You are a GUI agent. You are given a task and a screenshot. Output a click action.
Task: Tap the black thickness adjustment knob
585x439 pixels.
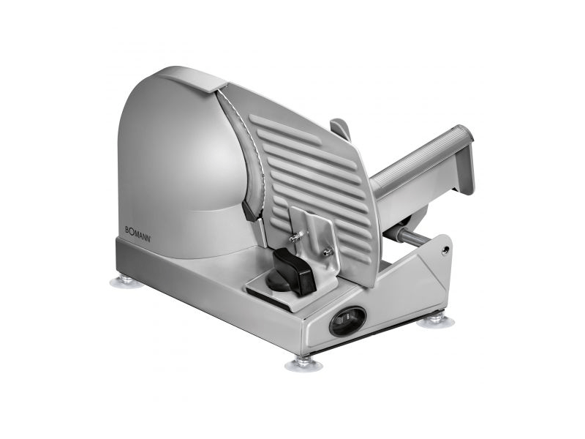point(290,271)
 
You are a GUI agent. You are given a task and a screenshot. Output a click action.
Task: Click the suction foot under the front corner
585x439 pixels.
point(303,363)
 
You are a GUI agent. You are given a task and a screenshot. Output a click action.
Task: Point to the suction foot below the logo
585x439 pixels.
point(127,281)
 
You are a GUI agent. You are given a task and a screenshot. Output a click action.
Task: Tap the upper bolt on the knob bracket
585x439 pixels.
point(297,236)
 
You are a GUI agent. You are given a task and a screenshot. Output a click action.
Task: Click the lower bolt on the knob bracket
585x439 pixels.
point(328,252)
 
